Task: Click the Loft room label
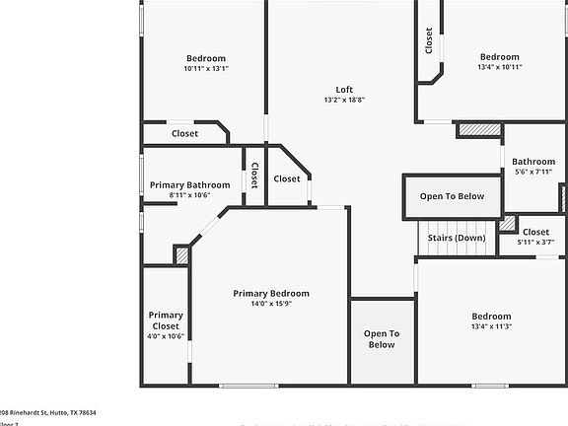[344, 88]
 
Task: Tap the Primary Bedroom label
[271, 293]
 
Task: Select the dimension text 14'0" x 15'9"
[271, 304]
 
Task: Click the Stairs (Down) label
[456, 238]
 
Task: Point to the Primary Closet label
[166, 320]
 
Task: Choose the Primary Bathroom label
[189, 184]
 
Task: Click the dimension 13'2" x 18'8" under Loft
[344, 100]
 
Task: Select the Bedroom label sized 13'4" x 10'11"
[499, 56]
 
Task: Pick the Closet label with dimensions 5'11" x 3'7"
[535, 232]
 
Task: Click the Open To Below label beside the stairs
[452, 196]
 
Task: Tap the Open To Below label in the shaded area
[382, 339]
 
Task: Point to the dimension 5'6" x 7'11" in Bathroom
[533, 172]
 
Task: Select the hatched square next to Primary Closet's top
[180, 254]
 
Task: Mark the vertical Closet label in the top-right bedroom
[429, 40]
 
